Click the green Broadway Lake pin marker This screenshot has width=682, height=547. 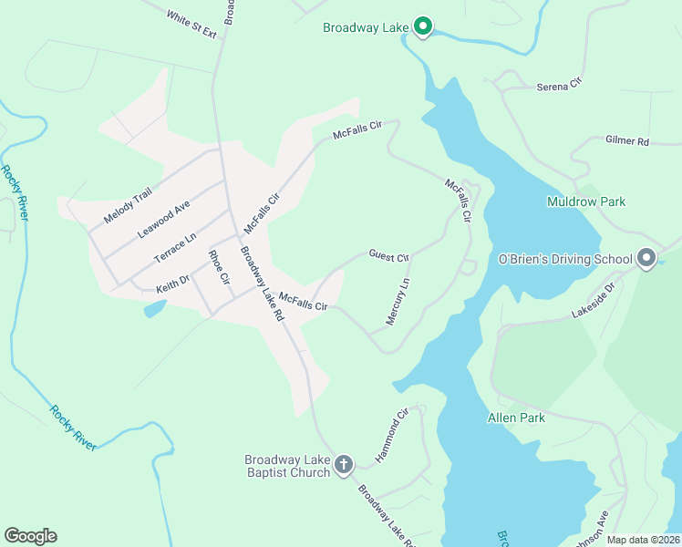pyautogui.click(x=423, y=26)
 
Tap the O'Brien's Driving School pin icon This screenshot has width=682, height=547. pyautogui.click(x=646, y=259)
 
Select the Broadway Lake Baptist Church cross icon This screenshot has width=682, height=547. pyautogui.click(x=343, y=465)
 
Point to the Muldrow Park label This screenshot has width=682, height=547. pyautogui.click(x=586, y=201)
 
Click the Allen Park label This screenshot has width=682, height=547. pyautogui.click(x=516, y=418)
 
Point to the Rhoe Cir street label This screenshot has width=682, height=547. pyautogui.click(x=218, y=268)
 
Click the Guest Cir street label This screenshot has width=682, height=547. pyautogui.click(x=389, y=256)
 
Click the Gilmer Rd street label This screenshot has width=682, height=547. pyautogui.click(x=626, y=141)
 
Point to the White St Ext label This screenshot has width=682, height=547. pyautogui.click(x=191, y=25)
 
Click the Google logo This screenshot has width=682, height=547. pyautogui.click(x=30, y=536)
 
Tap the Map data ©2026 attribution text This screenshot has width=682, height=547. pyautogui.click(x=643, y=540)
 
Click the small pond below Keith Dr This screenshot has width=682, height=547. pyautogui.click(x=154, y=308)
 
